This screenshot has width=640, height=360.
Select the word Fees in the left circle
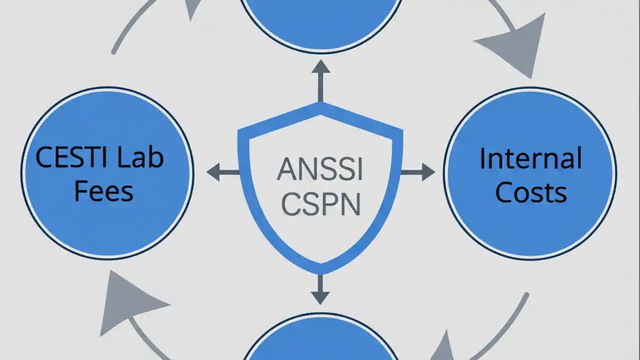pyautogui.click(x=103, y=191)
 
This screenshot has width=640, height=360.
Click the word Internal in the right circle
pyautogui.click(x=530, y=158)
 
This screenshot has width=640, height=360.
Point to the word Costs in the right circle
pyautogui.click(x=530, y=192)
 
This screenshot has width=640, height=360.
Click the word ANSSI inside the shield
pyautogui.click(x=320, y=170)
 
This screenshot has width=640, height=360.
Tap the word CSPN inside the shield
pyautogui.click(x=320, y=205)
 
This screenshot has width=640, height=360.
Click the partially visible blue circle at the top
pyautogui.click(x=320, y=22)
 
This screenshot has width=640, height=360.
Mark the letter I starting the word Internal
pyautogui.click(x=483, y=158)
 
